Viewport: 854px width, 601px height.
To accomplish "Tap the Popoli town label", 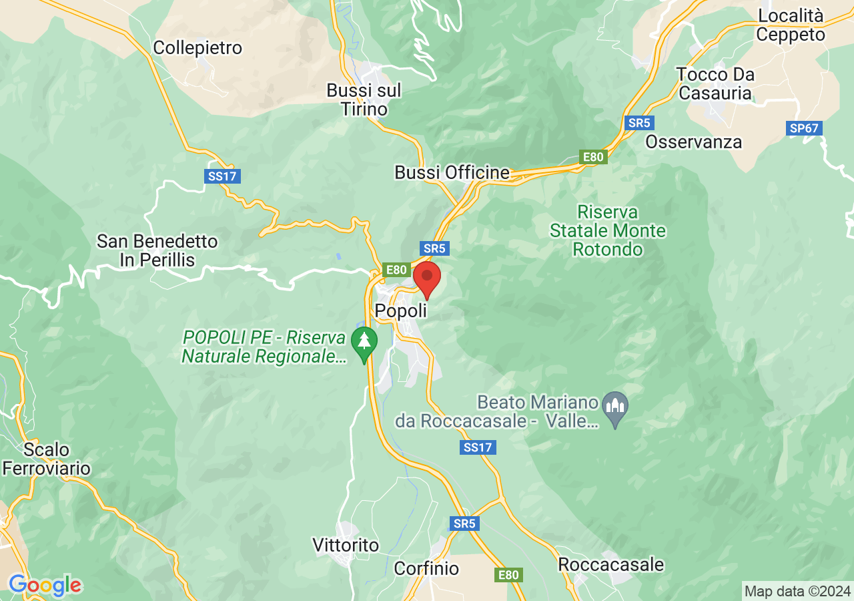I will (x=400, y=311).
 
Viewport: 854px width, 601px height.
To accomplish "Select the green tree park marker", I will (x=364, y=342).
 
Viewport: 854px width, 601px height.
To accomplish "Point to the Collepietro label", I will (x=197, y=48).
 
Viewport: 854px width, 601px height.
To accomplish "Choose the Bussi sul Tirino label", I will (x=364, y=99).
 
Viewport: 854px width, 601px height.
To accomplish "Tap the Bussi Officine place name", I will (x=452, y=173).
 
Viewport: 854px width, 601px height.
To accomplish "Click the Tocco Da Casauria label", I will (x=715, y=83).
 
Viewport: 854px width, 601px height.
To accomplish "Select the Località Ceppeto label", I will (x=791, y=25).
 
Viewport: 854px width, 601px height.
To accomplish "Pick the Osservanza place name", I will (x=693, y=142).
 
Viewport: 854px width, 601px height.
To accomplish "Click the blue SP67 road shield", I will (x=805, y=128).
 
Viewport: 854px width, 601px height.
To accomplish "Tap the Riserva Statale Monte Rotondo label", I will (x=608, y=231).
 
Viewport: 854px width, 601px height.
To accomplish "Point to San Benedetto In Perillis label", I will (x=157, y=250).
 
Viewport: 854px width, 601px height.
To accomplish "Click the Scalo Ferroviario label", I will (x=46, y=459).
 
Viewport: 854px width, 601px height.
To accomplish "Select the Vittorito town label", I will (x=346, y=546).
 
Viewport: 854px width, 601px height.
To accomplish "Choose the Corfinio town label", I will (x=426, y=568).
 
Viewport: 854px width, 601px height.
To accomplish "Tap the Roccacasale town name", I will (x=610, y=565).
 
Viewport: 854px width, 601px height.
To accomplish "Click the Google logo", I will (x=45, y=586).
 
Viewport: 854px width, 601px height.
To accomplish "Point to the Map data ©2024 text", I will (x=797, y=591).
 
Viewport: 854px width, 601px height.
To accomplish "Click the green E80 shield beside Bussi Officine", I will (x=592, y=158).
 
